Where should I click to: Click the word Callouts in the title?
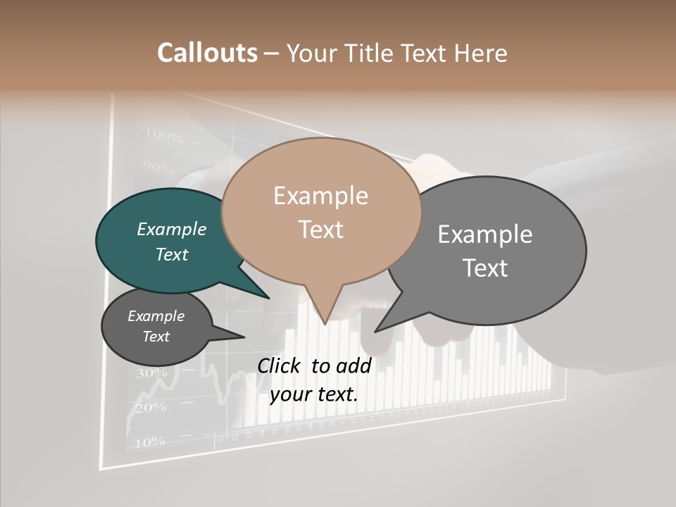(x=207, y=53)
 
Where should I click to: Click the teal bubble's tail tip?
(x=268, y=298)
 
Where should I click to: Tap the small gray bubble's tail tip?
(x=244, y=337)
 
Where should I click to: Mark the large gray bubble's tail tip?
(x=375, y=331)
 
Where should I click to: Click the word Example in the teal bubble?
(x=171, y=229)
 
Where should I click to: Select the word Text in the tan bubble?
(x=321, y=229)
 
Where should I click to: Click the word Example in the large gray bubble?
(x=485, y=234)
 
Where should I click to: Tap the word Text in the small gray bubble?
(x=156, y=337)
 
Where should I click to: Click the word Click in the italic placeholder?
(x=280, y=365)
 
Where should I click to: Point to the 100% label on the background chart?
(x=164, y=134)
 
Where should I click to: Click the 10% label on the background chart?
(x=149, y=442)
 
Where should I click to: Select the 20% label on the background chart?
(x=151, y=407)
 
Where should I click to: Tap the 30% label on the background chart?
(x=151, y=373)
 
